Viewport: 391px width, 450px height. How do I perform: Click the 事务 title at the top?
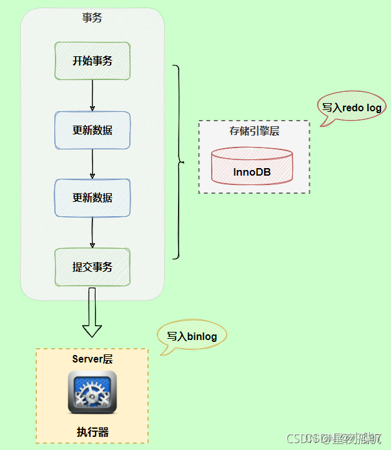pos(92,18)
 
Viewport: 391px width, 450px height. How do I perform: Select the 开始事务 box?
pos(92,61)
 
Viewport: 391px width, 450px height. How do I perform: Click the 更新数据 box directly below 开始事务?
pos(92,130)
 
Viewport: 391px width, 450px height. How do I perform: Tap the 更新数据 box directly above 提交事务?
pos(92,197)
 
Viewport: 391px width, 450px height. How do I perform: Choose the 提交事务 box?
pos(92,267)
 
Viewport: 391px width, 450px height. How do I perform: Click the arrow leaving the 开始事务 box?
pos(92,96)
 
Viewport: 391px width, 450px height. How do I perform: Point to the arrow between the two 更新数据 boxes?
pos(92,164)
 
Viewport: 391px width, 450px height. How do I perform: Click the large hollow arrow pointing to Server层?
pos(92,312)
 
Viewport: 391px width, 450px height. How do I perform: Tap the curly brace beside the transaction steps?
pos(179,162)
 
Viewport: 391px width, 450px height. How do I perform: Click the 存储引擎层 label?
pos(254,131)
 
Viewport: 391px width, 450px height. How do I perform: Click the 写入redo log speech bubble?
pos(351,107)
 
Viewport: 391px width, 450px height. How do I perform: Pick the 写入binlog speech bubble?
pos(192,336)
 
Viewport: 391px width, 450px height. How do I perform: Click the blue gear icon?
pos(92,392)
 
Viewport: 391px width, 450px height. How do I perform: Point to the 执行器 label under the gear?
pos(92,432)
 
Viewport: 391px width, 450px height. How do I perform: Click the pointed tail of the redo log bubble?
pos(324,124)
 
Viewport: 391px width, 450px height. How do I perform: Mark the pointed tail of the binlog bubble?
pos(164,352)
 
